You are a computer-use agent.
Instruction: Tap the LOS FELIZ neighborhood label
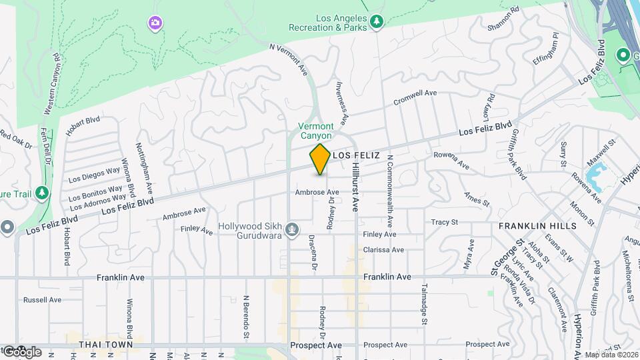pyautogui.click(x=356, y=155)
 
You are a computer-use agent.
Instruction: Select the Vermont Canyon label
pyautogui.click(x=315, y=131)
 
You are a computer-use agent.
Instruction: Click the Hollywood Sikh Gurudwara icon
pyautogui.click(x=291, y=231)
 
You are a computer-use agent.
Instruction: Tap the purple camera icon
pyautogui.click(x=155, y=24)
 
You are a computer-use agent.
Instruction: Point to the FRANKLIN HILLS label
pyautogui.click(x=537, y=227)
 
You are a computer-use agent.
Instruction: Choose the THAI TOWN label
pyautogui.click(x=102, y=345)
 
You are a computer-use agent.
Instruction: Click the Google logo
pyautogui.click(x=21, y=351)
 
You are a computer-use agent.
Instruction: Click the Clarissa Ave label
pyautogui.click(x=383, y=250)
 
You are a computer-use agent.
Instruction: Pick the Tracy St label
pyautogui.click(x=445, y=222)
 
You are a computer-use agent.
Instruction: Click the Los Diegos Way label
pyautogui.click(x=95, y=175)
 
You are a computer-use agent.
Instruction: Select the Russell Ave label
pyautogui.click(x=42, y=300)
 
